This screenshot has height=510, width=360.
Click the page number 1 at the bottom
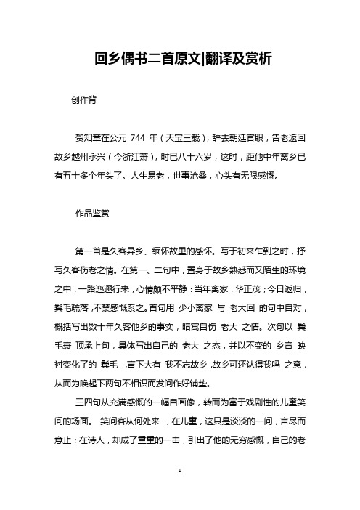(x=179, y=492)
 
